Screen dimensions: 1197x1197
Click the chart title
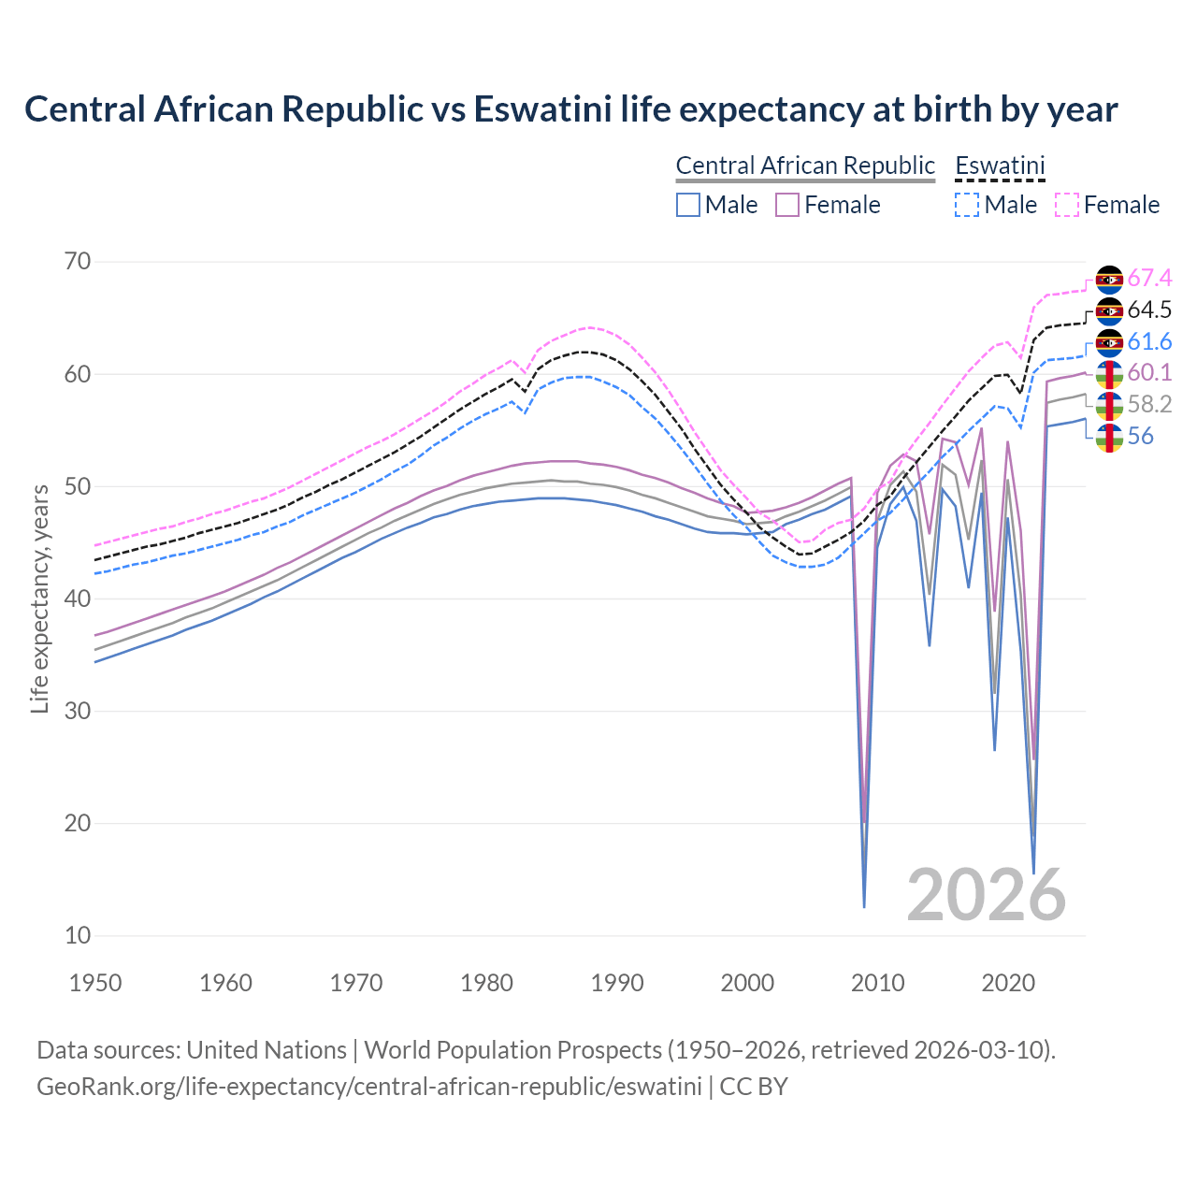pos(570,109)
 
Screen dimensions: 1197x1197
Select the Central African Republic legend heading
pos(805,166)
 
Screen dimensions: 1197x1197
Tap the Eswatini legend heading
pos(1000,166)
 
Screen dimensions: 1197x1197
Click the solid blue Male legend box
pos(688,205)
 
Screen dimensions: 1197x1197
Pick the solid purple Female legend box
pos(787,205)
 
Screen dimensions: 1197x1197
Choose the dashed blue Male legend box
pos(967,205)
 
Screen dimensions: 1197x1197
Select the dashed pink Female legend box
pos(1067,205)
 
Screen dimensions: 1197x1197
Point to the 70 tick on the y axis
pos(78,261)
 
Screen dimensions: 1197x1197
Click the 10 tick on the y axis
pos(78,935)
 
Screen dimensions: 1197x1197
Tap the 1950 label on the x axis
pos(95,983)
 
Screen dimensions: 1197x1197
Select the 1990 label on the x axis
pos(617,983)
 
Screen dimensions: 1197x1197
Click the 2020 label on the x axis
pos(1008,983)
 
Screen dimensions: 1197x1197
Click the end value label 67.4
pos(1149,279)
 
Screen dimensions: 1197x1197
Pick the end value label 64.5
pos(1149,310)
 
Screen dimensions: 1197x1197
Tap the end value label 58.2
pos(1149,404)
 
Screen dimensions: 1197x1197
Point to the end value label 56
pos(1140,436)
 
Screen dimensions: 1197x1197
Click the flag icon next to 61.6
pos(1109,342)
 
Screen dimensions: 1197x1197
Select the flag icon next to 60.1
pos(1109,373)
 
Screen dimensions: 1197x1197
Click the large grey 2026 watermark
pos(986,895)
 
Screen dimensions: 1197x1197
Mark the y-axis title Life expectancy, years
pos(39,598)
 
